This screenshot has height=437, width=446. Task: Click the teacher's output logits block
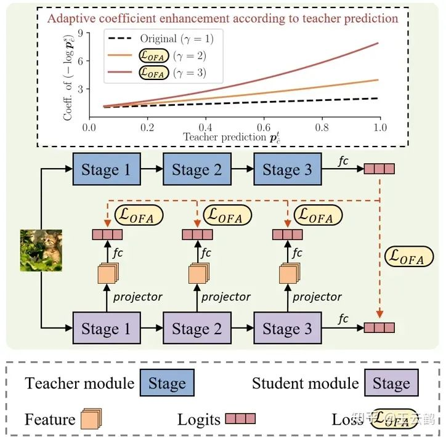tap(379, 169)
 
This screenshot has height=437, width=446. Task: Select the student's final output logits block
tap(379, 327)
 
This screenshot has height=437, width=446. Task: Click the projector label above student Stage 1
tap(137, 296)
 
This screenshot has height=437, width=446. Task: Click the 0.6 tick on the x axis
tap(263, 127)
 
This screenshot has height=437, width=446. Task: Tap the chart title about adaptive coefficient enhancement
tap(222, 18)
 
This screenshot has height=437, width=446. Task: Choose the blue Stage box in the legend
tap(166, 384)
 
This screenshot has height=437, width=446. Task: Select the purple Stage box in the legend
tap(391, 384)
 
